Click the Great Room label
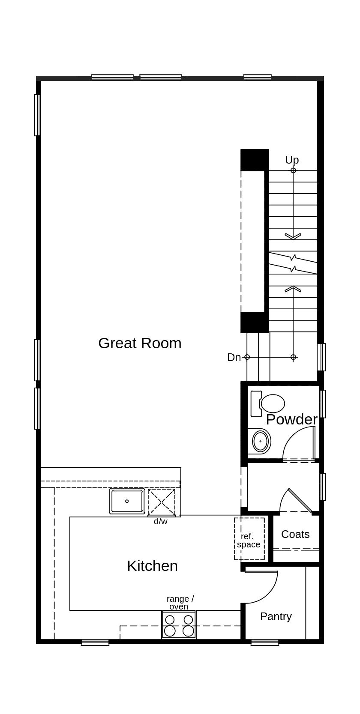(140, 343)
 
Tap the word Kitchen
(152, 566)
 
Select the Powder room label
(291, 419)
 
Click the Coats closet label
(295, 534)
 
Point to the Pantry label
(276, 616)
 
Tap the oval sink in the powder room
(261, 441)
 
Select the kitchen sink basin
(127, 501)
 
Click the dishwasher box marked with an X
(162, 502)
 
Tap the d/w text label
(161, 521)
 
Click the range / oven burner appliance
(179, 625)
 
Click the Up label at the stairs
(292, 160)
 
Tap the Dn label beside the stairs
(234, 357)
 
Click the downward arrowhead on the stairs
(293, 236)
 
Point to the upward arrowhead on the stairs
(293, 289)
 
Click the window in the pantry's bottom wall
(265, 642)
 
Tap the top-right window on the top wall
(258, 78)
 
